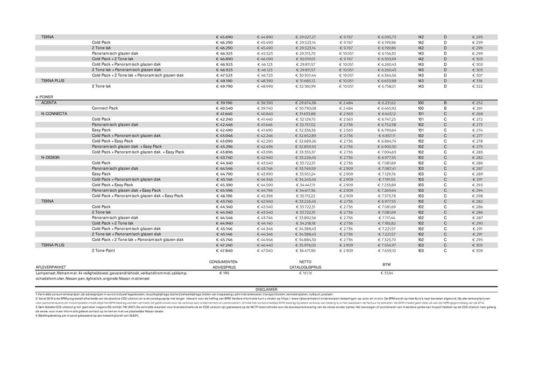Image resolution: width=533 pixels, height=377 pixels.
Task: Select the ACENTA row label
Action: click(x=49, y=102)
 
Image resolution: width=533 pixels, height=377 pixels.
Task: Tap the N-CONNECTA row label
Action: click(x=54, y=114)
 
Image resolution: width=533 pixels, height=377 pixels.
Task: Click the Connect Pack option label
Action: click(x=105, y=108)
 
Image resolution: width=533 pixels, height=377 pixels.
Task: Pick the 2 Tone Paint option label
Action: click(x=104, y=250)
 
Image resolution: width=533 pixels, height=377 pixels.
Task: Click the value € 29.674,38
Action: click(x=305, y=102)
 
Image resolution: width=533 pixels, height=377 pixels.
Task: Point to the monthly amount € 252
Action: click(x=477, y=102)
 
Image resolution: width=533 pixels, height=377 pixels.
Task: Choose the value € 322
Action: click(x=477, y=86)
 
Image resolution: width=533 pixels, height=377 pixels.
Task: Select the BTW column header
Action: click(x=386, y=264)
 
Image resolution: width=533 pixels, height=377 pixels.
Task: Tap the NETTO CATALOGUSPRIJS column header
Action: click(x=305, y=264)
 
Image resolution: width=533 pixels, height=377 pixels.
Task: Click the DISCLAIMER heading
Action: click(x=266, y=289)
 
